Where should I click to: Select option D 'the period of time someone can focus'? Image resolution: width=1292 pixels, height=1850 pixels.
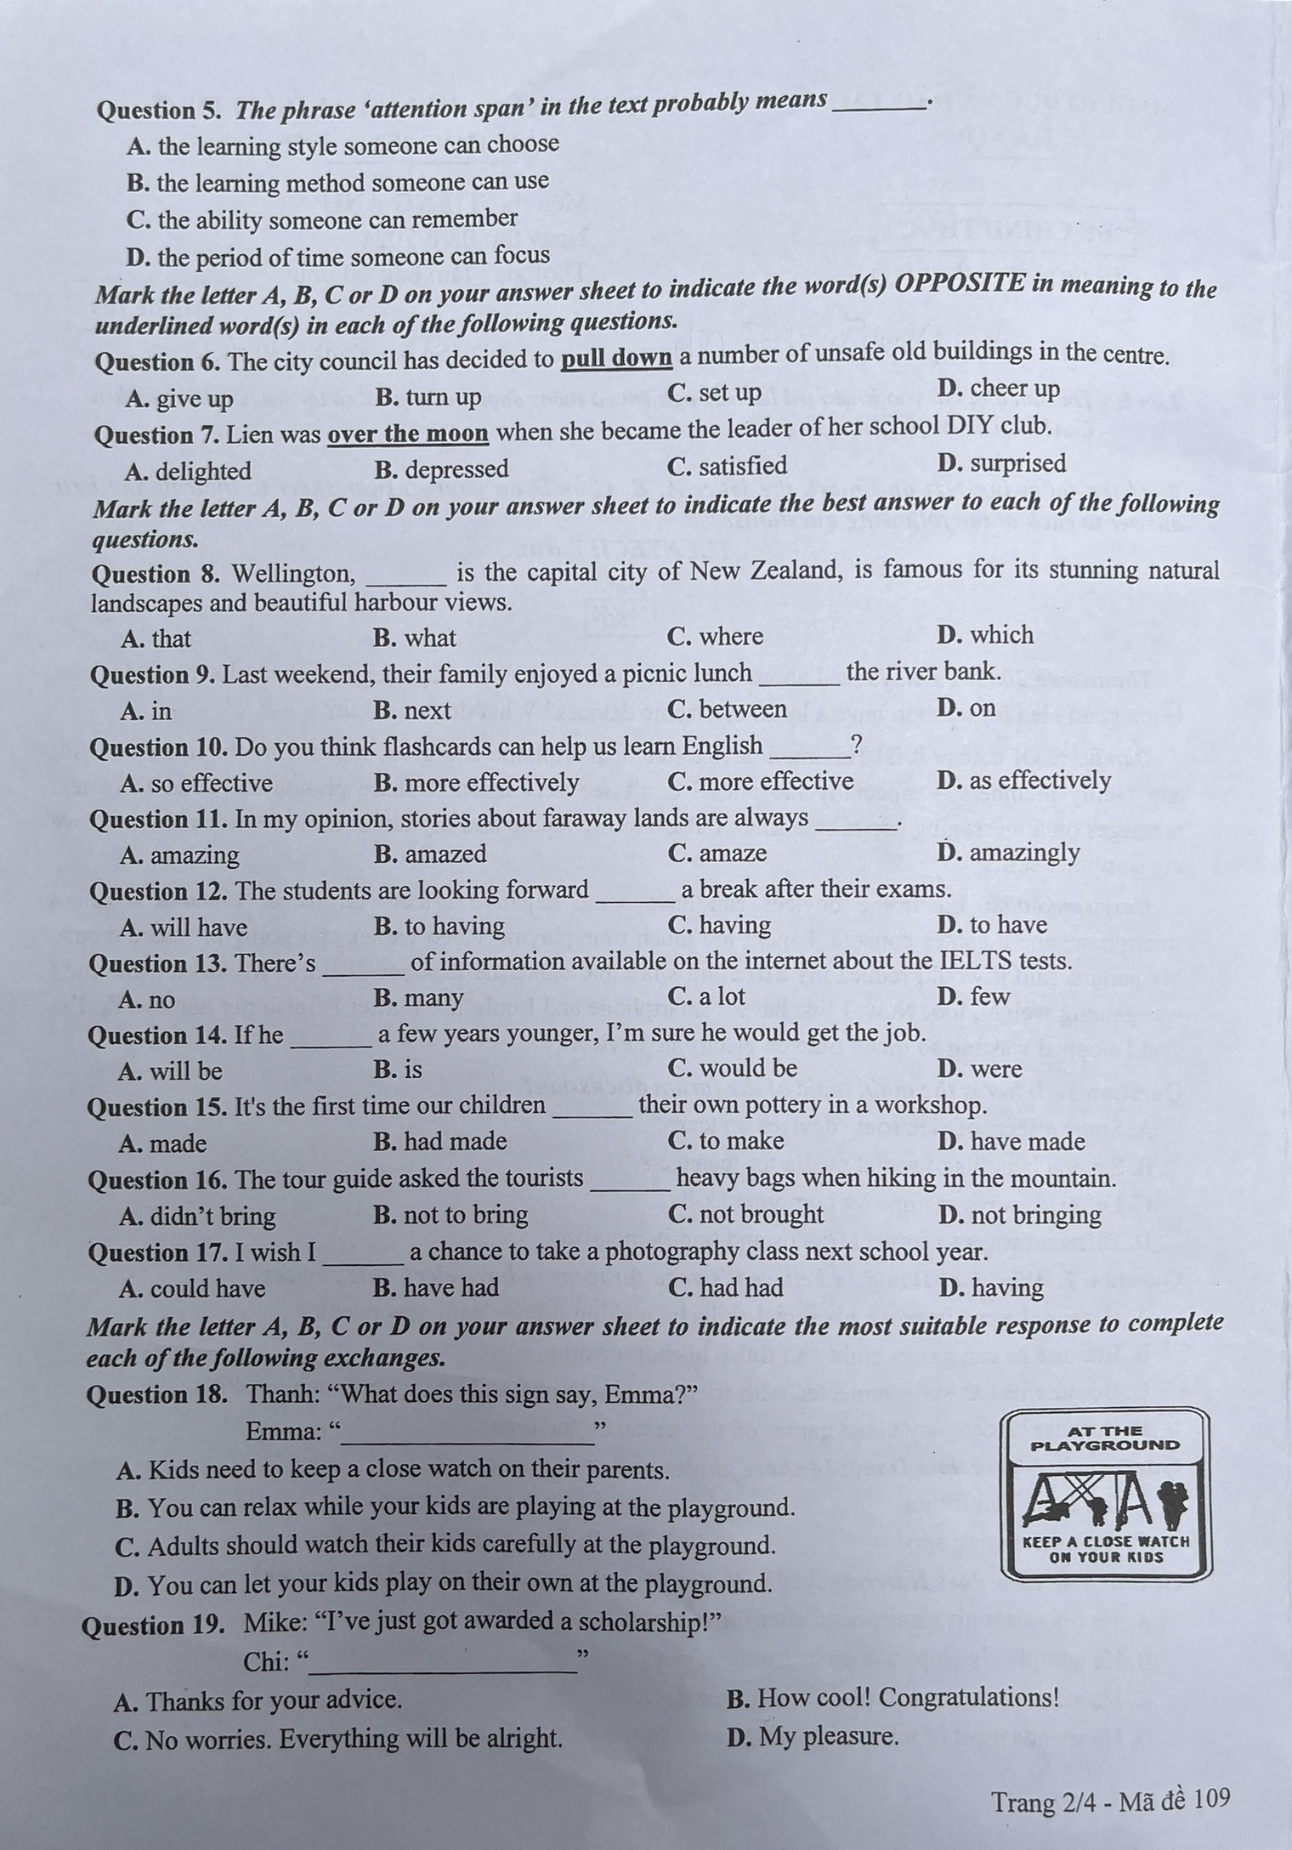337,256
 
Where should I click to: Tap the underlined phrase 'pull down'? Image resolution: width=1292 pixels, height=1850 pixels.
616,358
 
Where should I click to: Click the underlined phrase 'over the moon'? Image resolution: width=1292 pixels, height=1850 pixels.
408,434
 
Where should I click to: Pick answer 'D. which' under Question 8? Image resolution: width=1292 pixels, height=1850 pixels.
985,635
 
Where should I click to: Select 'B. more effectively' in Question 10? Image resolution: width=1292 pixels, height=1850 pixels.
476,782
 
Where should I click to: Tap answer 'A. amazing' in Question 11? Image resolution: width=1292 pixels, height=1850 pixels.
179,854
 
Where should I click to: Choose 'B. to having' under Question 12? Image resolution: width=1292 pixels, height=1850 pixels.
439,926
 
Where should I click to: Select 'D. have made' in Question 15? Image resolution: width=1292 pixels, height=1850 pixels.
1011,1141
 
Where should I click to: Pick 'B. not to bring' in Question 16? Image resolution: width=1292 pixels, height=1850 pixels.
450,1214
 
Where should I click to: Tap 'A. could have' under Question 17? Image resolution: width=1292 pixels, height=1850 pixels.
192,1288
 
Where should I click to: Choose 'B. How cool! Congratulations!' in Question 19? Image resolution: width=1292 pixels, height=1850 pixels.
893,1698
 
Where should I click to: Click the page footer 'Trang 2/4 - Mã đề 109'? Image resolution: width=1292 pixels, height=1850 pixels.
1111,1798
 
